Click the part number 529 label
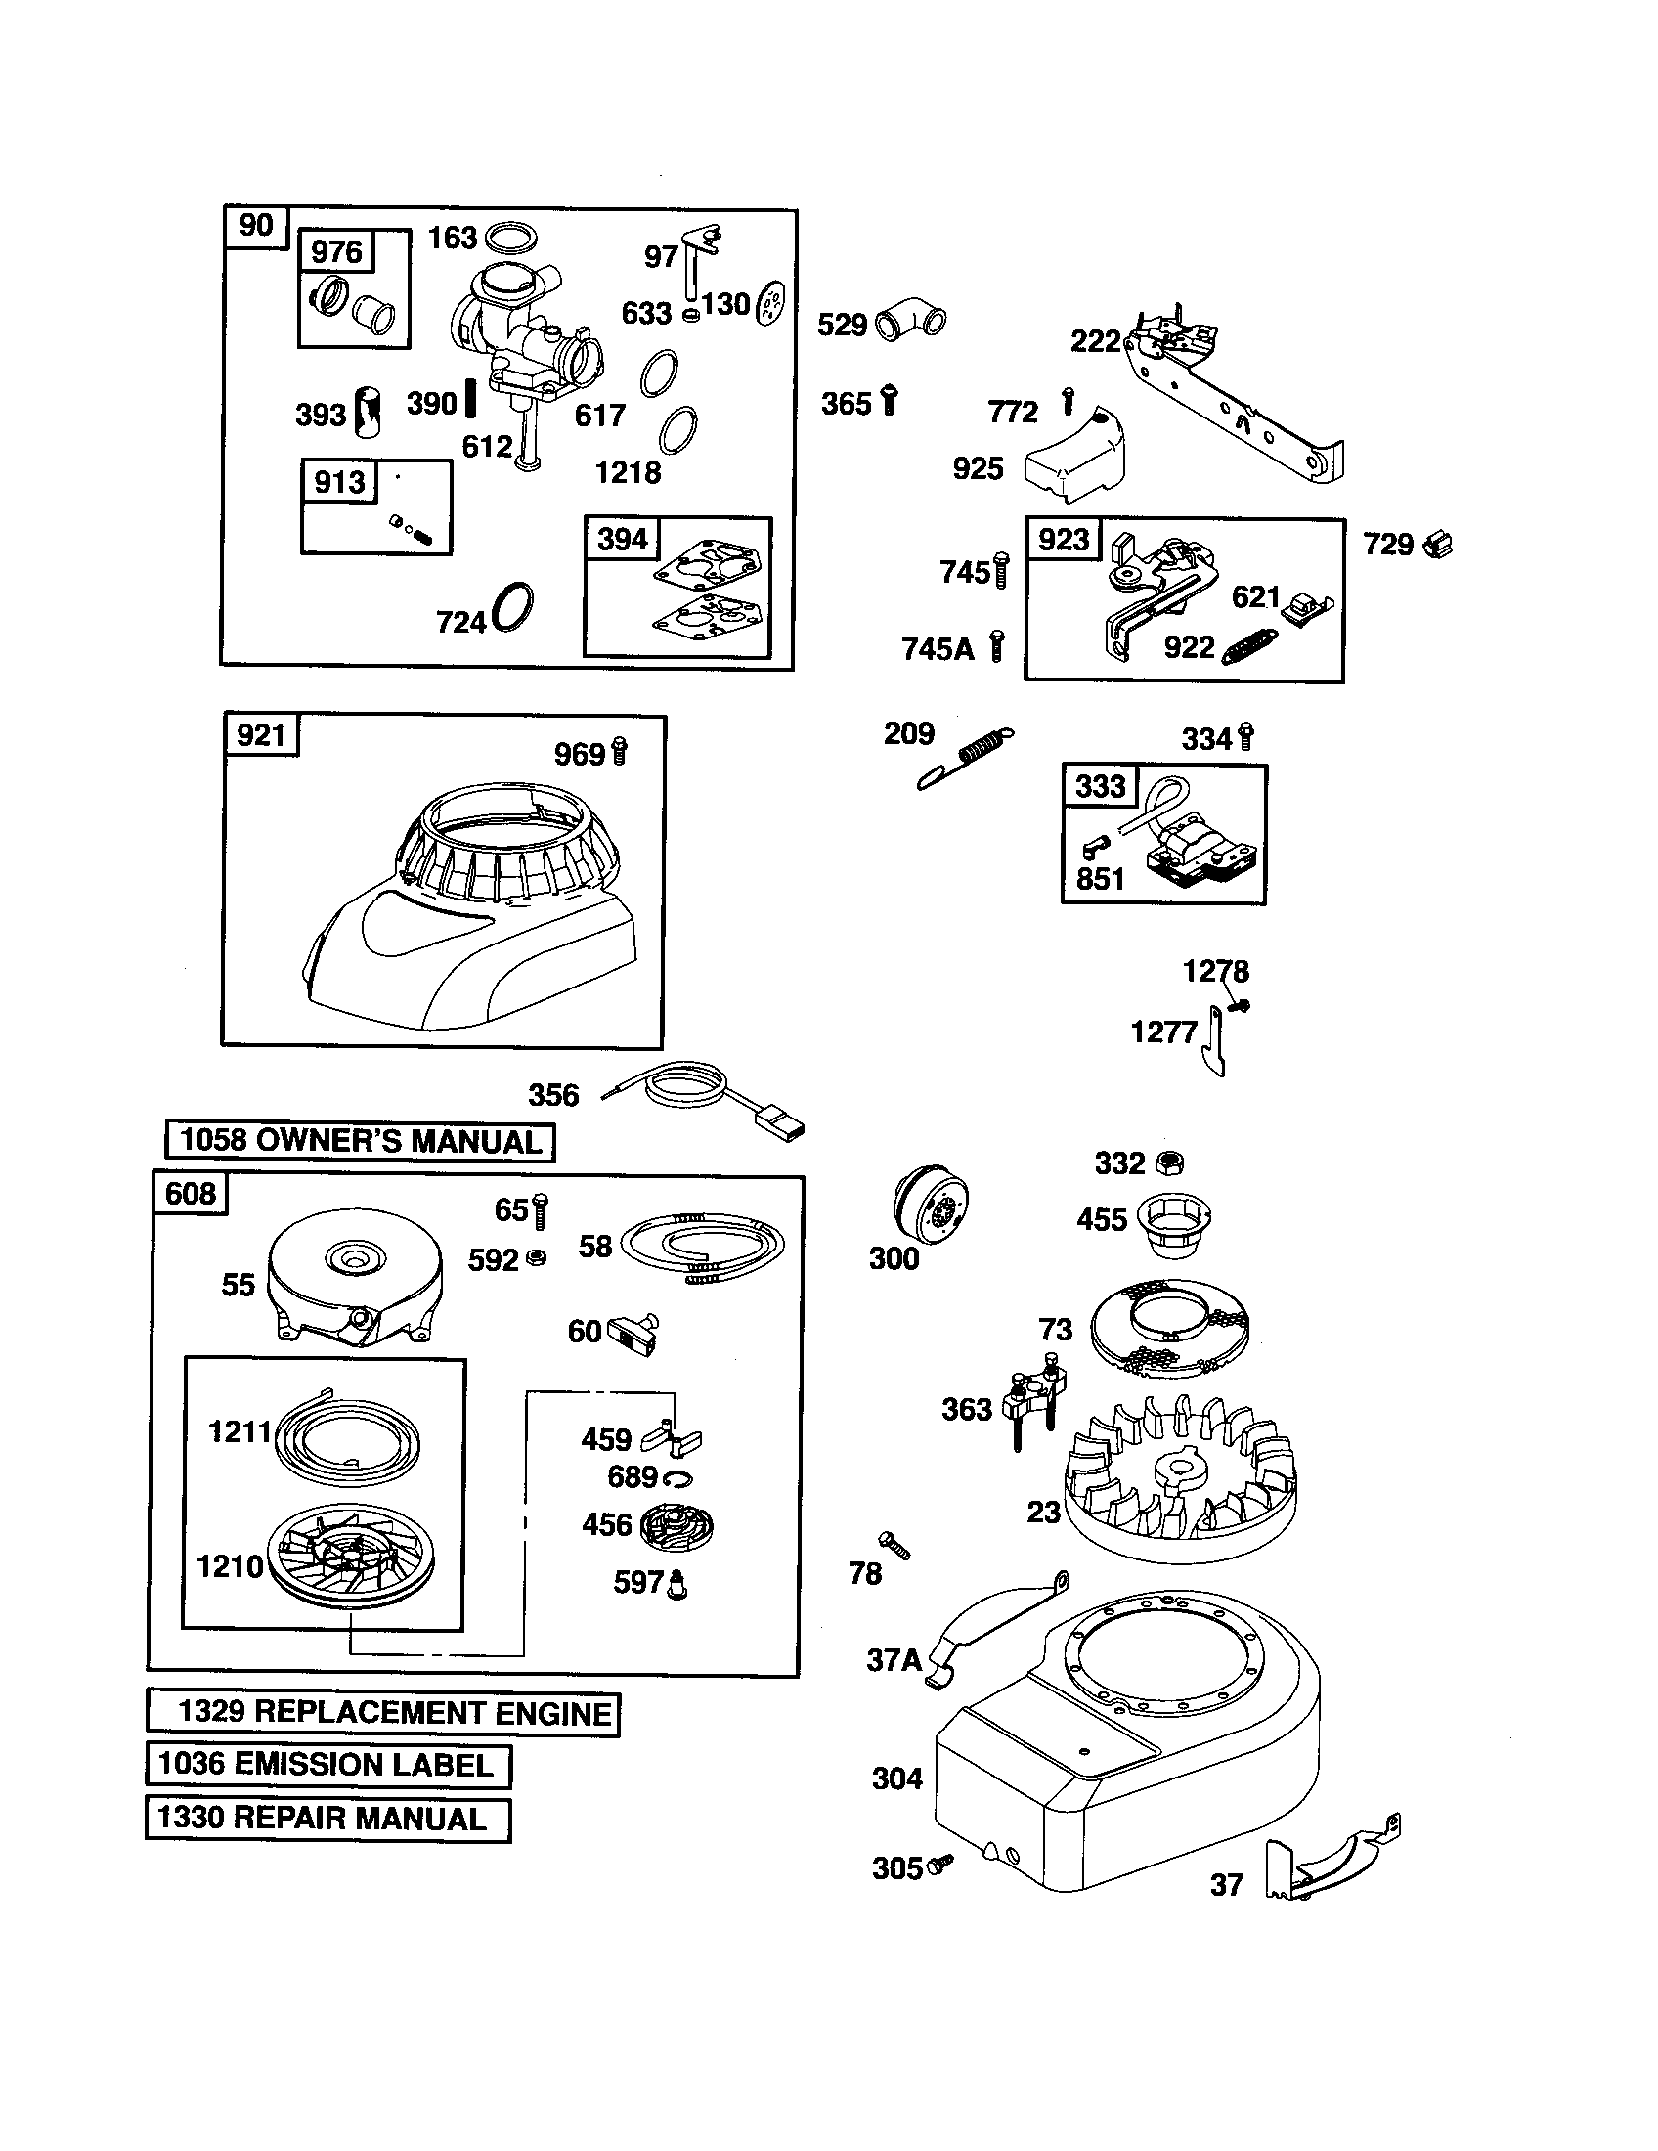[x=842, y=325]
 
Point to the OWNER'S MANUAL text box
[x=360, y=1141]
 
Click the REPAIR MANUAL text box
[x=327, y=1820]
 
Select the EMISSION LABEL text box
[x=327, y=1765]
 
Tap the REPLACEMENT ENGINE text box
[x=383, y=1713]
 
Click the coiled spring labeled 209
[x=966, y=758]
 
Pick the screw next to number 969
[x=619, y=752]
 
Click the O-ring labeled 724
[x=513, y=607]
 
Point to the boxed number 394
[x=623, y=539]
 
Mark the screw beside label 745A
[x=996, y=646]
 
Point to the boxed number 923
[x=1064, y=539]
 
